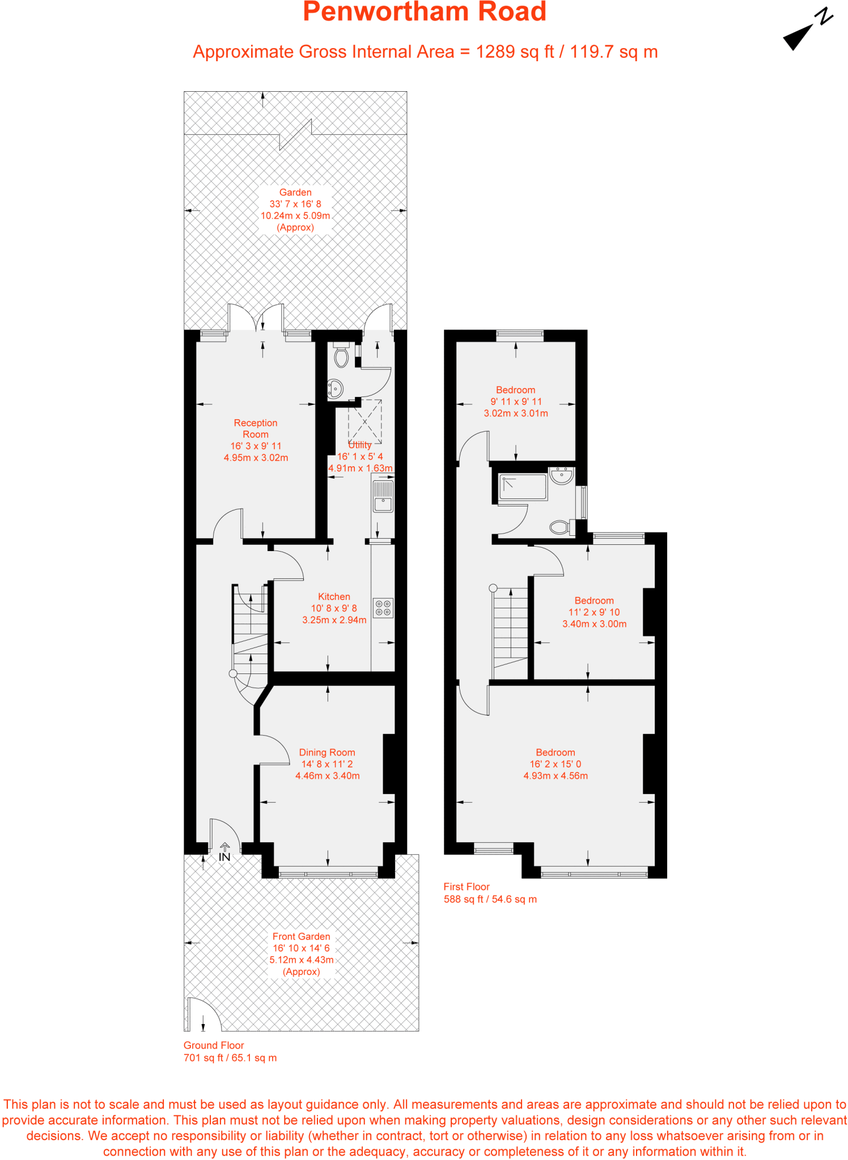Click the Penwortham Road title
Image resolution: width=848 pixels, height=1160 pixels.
pyautogui.click(x=425, y=12)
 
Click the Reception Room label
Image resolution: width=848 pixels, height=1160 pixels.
pyautogui.click(x=256, y=429)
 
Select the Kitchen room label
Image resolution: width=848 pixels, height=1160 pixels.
pyautogui.click(x=334, y=596)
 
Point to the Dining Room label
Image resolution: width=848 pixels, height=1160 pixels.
pyautogui.click(x=327, y=752)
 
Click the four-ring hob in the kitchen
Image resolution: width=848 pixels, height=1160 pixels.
pyautogui.click(x=383, y=608)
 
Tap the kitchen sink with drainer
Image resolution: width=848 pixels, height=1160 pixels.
pyautogui.click(x=383, y=496)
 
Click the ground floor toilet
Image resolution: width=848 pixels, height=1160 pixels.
pyautogui.click(x=341, y=356)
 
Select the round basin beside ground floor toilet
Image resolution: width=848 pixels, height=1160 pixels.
pyautogui.click(x=335, y=389)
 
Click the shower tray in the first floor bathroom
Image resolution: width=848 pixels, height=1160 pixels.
pyautogui.click(x=523, y=487)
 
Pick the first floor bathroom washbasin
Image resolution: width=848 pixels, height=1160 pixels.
pyautogui.click(x=562, y=475)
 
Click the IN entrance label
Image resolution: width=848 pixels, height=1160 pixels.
pyautogui.click(x=224, y=857)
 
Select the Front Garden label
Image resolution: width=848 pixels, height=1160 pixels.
pyautogui.click(x=301, y=936)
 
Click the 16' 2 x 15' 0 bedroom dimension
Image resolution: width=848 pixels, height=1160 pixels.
pyautogui.click(x=556, y=764)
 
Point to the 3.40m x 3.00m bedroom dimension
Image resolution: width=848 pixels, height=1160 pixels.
pyautogui.click(x=594, y=624)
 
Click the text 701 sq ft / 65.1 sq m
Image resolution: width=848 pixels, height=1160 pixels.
pyautogui.click(x=230, y=1057)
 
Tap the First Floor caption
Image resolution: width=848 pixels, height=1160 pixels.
pyautogui.click(x=467, y=886)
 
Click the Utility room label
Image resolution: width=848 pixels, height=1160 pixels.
pyautogui.click(x=360, y=445)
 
